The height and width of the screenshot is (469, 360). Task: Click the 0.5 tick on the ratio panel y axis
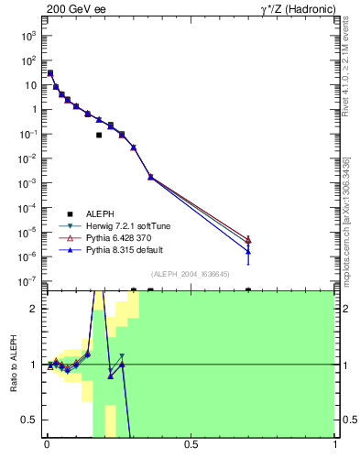coord(30,420)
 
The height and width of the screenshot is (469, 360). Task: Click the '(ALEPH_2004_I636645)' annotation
coord(191,273)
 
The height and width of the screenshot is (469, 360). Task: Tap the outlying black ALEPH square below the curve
coord(99,135)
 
